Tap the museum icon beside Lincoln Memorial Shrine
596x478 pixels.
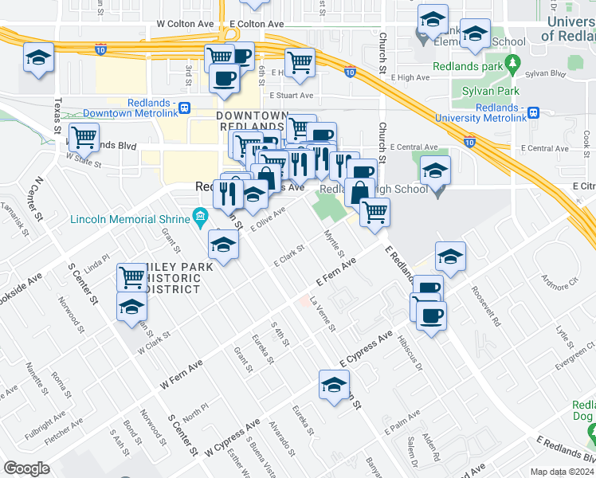[200, 216]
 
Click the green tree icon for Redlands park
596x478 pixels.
[513, 61]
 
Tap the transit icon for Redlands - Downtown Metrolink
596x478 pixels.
[185, 108]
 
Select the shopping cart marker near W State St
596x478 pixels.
[84, 137]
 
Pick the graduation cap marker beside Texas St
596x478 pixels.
[37, 58]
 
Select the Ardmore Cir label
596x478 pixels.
[559, 280]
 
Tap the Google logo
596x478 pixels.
[26, 468]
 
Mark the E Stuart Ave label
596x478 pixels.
[291, 95]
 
